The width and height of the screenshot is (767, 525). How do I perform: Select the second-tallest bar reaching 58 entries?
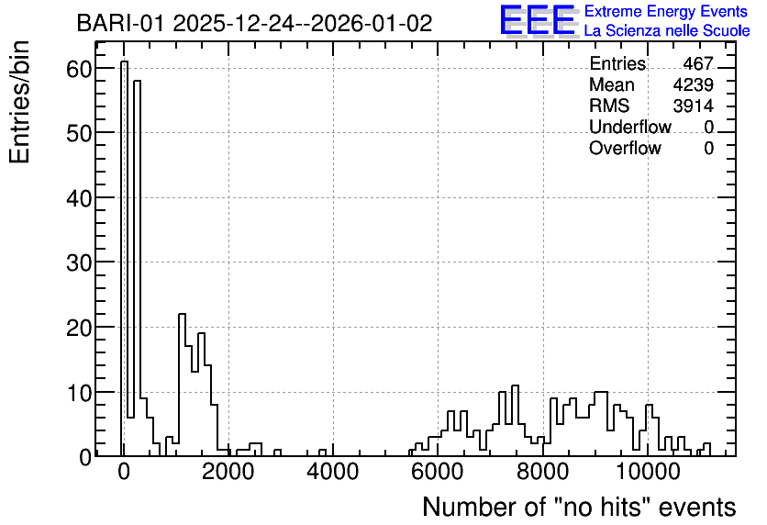137,268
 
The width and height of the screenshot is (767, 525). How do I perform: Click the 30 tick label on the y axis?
79,262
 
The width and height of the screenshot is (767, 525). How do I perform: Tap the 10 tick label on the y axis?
79,393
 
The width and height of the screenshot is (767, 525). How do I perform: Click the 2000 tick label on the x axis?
228,472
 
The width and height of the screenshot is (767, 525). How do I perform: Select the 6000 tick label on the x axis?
438,472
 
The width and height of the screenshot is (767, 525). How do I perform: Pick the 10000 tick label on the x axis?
648,472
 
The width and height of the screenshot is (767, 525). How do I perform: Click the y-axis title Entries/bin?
19,102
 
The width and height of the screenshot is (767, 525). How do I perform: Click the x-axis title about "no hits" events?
579,507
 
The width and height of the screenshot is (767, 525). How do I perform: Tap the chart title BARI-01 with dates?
254,23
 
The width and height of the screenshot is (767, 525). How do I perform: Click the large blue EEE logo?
538,20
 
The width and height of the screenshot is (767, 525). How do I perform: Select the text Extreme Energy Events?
666,11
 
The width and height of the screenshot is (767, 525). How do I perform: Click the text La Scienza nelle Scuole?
667,31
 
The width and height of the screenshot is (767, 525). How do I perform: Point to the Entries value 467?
698,63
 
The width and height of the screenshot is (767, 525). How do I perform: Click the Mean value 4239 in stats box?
693,84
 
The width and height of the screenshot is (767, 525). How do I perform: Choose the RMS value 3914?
693,106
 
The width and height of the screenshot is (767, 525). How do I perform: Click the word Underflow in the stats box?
630,127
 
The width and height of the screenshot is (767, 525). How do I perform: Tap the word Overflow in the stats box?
625,148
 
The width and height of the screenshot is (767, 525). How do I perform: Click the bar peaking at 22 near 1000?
182,385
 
